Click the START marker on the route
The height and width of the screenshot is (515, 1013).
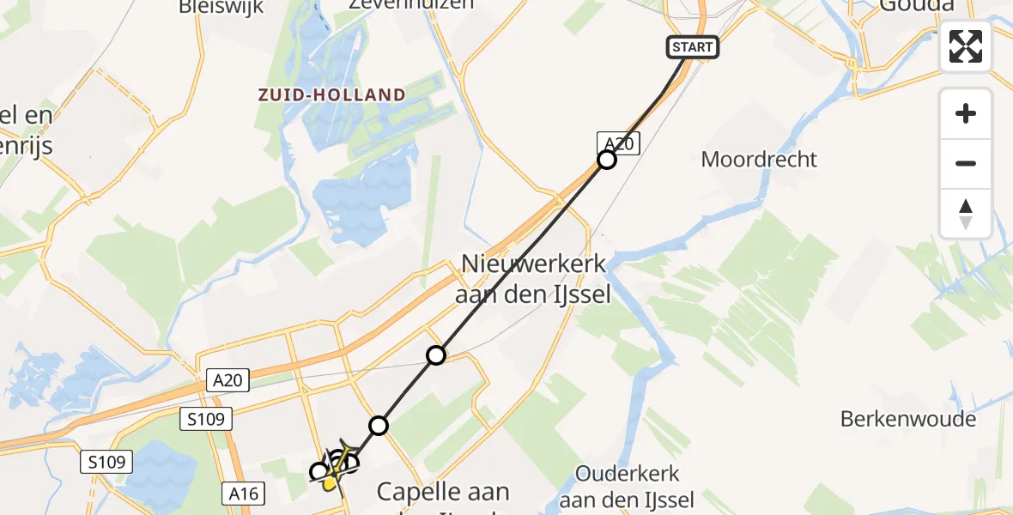pos(693,47)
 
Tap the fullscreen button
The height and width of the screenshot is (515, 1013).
pos(966,46)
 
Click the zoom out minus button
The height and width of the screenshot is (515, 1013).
pos(966,163)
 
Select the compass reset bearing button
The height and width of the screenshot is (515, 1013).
pos(966,214)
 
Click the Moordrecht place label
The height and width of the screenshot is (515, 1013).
pos(759,160)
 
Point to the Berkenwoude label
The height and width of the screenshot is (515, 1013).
pos(908,420)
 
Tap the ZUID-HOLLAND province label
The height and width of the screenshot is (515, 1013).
pos(332,95)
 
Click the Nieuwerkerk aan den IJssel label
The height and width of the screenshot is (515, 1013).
pos(537,280)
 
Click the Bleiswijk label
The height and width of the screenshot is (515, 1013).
pos(221,8)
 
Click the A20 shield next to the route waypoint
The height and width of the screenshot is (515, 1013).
pos(618,144)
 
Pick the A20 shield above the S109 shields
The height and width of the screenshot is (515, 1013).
pos(227,380)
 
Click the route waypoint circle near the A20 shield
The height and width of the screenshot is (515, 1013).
pos(607,160)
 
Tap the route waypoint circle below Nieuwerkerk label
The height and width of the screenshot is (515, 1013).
pos(436,354)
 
